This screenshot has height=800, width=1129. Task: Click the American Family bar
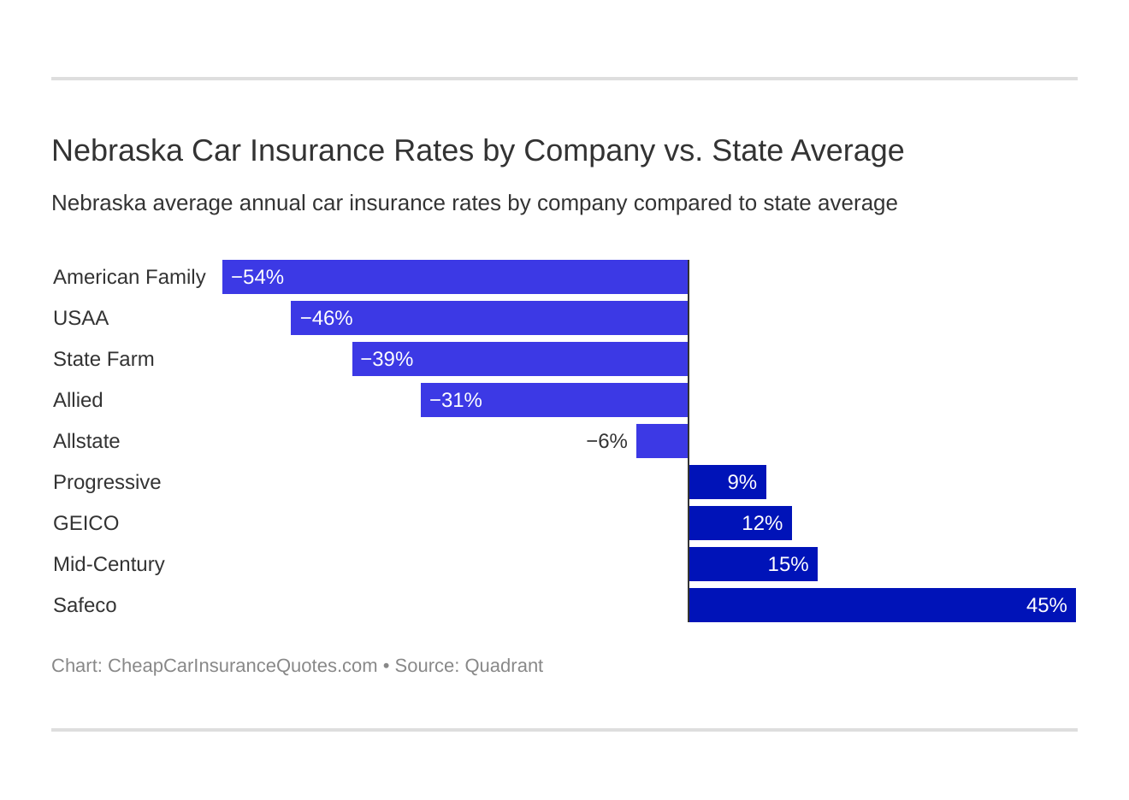click(x=455, y=277)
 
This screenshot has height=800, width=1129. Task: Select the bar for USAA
click(x=489, y=318)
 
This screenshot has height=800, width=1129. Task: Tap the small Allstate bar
click(x=662, y=441)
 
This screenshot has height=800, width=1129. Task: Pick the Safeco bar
click(x=882, y=605)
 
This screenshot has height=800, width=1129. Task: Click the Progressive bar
click(x=727, y=482)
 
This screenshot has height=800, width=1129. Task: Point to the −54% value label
click(x=257, y=277)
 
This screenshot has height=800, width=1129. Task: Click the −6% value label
click(x=606, y=441)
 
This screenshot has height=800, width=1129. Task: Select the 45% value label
click(x=1046, y=605)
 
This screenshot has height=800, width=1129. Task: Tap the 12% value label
click(x=761, y=523)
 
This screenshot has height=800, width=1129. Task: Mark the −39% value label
click(x=387, y=359)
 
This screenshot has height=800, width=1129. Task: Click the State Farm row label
click(x=103, y=359)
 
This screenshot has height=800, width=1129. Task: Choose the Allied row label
click(x=78, y=400)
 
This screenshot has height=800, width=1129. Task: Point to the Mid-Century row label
click(x=109, y=564)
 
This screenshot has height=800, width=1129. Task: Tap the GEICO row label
click(x=86, y=523)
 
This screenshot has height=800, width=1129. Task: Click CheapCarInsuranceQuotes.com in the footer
click(x=242, y=666)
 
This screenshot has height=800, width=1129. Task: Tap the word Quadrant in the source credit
click(x=504, y=666)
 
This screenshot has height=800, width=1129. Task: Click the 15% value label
click(x=788, y=564)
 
